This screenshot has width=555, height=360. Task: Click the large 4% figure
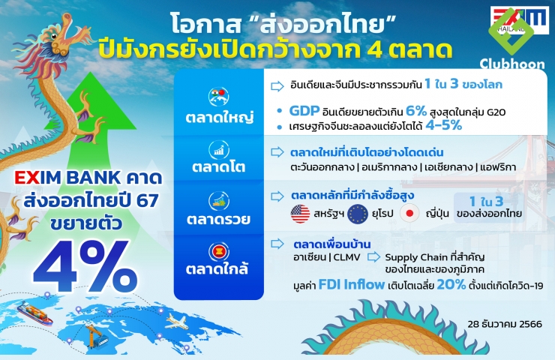coord(85,266)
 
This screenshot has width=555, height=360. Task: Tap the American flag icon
coord(300,214)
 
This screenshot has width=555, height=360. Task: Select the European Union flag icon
coord(358,214)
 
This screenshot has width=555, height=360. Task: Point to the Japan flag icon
coord(409,214)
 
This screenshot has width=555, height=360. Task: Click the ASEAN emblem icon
coord(219,252)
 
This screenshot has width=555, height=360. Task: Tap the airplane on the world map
coord(177,322)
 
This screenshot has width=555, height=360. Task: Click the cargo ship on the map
coord(34,313)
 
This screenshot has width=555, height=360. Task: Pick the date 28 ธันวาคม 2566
coord(505,324)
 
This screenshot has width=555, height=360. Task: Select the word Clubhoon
coord(512,64)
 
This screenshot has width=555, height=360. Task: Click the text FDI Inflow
coord(352,284)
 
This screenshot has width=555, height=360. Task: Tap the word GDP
coord(304,111)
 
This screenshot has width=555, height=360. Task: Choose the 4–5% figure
coord(444,125)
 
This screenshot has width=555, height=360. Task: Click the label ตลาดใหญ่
coord(220,117)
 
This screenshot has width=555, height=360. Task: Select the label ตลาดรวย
coord(218,219)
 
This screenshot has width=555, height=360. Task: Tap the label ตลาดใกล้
coord(217,268)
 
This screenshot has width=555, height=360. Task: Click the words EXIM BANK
coord(67,178)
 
